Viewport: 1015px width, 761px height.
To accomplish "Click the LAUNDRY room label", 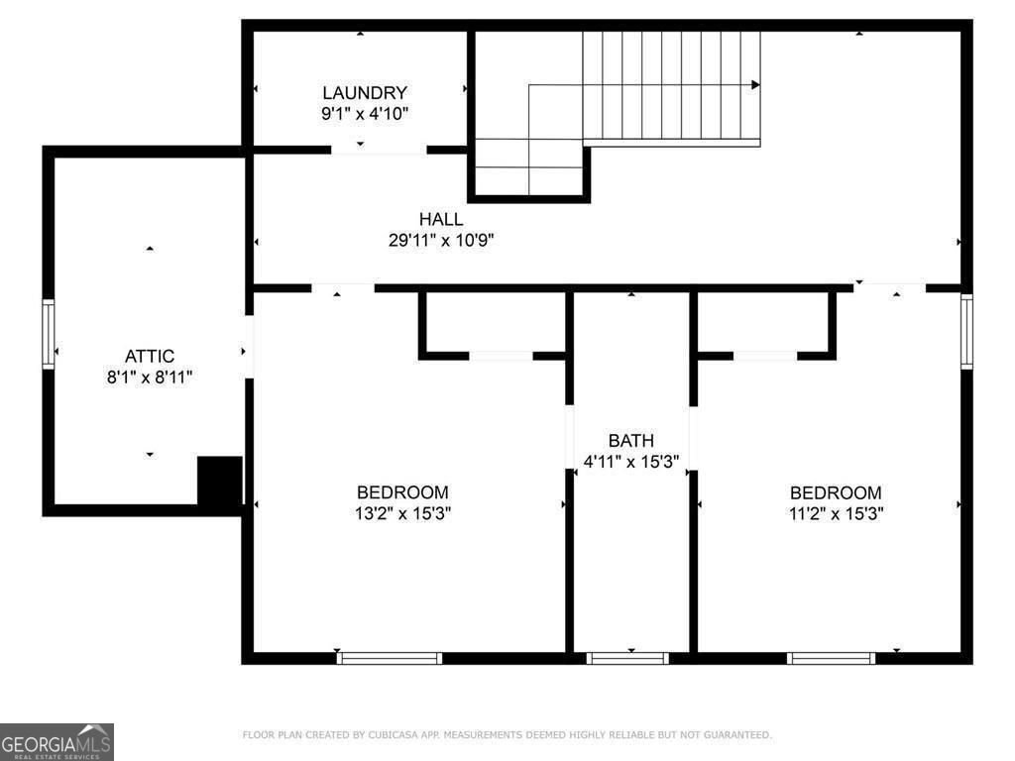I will point(364,93).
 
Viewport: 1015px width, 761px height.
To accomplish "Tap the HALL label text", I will point(440,219).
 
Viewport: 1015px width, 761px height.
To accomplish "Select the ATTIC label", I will point(150,356).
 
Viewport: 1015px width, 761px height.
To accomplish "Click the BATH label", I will point(631,440).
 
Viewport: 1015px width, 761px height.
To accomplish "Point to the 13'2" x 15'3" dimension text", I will point(402,513).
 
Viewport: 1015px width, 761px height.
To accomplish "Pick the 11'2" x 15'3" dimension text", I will point(835,513).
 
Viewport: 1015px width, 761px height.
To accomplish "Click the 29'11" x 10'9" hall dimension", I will point(441,240).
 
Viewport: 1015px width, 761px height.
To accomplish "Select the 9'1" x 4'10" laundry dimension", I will point(364,113).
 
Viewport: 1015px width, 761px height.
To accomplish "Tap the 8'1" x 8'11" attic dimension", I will point(150,377).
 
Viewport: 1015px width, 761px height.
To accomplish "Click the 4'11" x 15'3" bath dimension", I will point(631,460).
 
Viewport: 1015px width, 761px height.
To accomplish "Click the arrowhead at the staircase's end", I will point(755,85).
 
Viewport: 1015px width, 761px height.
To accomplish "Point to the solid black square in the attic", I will point(220,481).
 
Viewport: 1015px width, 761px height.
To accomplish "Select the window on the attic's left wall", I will point(48,335).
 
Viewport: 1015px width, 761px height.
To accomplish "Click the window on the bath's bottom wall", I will point(627,658).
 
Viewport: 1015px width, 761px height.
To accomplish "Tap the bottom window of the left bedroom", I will point(390,658).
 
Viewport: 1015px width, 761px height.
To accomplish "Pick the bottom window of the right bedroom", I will point(832,658).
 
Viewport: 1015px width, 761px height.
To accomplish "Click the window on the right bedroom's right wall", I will point(966,331).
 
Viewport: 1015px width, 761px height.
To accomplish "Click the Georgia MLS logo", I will point(57,741).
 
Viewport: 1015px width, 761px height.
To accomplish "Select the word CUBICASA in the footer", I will point(392,735).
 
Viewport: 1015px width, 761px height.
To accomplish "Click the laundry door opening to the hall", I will point(379,150).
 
